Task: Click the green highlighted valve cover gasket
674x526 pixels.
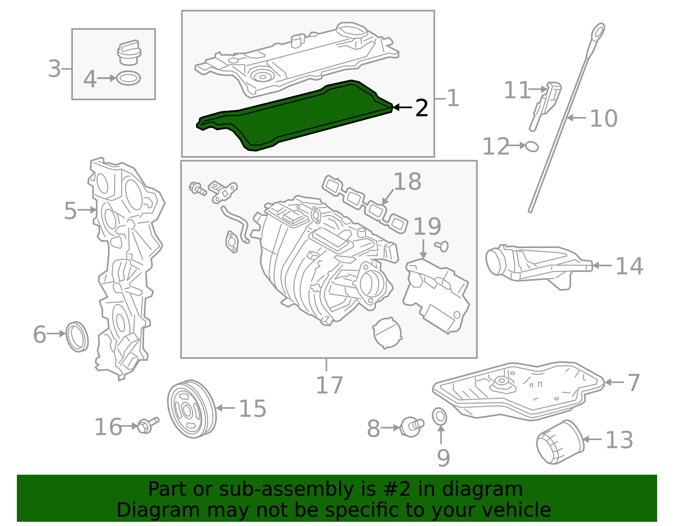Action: click(x=295, y=116)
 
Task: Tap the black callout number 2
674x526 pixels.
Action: click(x=421, y=108)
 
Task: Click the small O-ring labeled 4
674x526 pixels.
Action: click(x=128, y=78)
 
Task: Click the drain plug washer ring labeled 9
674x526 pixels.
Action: click(x=440, y=417)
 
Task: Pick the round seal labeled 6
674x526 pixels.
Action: click(x=78, y=336)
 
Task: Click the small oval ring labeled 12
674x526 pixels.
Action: click(x=532, y=146)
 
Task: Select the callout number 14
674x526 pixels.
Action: click(x=629, y=266)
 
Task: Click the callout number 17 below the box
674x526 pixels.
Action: click(x=329, y=385)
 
